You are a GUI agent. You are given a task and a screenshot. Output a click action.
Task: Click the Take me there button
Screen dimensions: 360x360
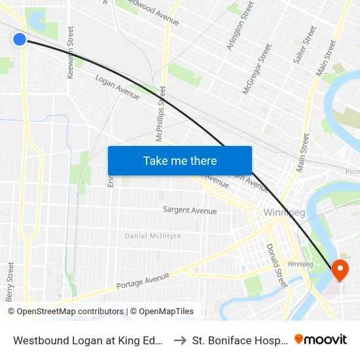tap(180, 161)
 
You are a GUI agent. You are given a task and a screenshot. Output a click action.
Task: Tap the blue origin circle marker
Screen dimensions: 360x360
tap(20, 39)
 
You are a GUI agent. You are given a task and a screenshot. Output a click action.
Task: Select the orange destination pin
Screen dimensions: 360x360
tap(340, 270)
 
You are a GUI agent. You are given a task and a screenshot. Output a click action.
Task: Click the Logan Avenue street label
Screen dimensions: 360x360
tap(118, 87)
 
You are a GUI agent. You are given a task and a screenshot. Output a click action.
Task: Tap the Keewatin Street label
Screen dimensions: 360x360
tap(70, 53)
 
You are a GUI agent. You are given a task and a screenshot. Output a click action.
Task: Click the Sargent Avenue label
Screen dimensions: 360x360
tap(190, 210)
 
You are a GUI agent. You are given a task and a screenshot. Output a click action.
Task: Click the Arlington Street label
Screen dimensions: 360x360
tap(240, 26)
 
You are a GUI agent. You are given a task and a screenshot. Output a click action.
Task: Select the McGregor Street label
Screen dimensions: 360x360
tap(257, 69)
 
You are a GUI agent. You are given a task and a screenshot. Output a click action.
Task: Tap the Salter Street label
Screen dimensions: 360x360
tap(306, 45)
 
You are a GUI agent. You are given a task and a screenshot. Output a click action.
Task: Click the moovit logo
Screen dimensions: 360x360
tap(321, 339)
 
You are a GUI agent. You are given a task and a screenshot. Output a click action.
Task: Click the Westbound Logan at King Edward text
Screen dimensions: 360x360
tap(89, 340)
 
